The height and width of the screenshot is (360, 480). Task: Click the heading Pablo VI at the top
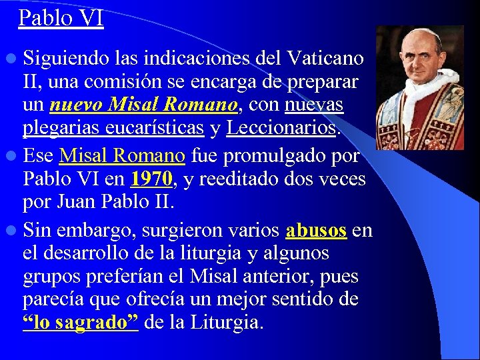(x=61, y=17)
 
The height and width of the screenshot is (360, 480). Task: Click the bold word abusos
(x=316, y=231)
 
